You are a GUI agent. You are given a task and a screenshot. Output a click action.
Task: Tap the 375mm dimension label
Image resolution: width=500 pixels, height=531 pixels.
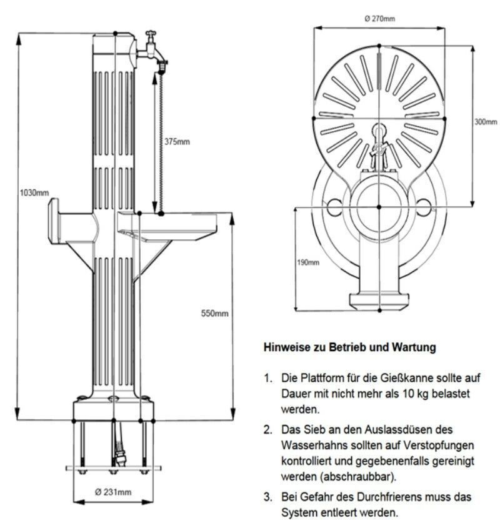click(x=177, y=141)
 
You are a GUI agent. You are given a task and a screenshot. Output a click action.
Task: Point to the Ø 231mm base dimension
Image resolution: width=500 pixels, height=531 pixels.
click(x=114, y=492)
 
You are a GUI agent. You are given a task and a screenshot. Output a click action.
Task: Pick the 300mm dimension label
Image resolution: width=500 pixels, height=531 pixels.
click(x=485, y=122)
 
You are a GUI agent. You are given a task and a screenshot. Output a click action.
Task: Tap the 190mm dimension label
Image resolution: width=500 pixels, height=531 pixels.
click(x=307, y=262)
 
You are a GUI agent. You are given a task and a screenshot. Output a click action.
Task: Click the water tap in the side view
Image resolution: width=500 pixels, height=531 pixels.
click(x=151, y=49)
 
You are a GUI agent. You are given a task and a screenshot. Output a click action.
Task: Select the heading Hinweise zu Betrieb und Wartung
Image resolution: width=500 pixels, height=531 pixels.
click(x=349, y=347)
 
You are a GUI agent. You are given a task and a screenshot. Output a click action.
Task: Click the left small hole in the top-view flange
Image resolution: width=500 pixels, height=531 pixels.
click(x=331, y=204)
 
